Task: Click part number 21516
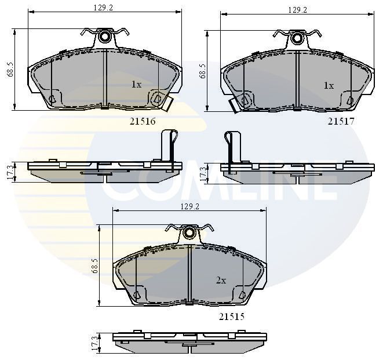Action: point(142,121)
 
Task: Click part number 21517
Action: point(341,121)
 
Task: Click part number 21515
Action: point(232,317)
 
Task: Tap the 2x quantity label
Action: point(221,280)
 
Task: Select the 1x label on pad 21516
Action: point(136,85)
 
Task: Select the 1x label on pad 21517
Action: point(328,86)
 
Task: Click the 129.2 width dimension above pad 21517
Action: point(298,10)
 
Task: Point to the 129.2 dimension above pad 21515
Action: point(189,206)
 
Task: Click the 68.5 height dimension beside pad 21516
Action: point(8,69)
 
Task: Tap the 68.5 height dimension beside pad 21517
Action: point(202,71)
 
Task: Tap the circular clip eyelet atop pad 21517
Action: point(297,38)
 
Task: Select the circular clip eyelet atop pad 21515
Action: point(190,233)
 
